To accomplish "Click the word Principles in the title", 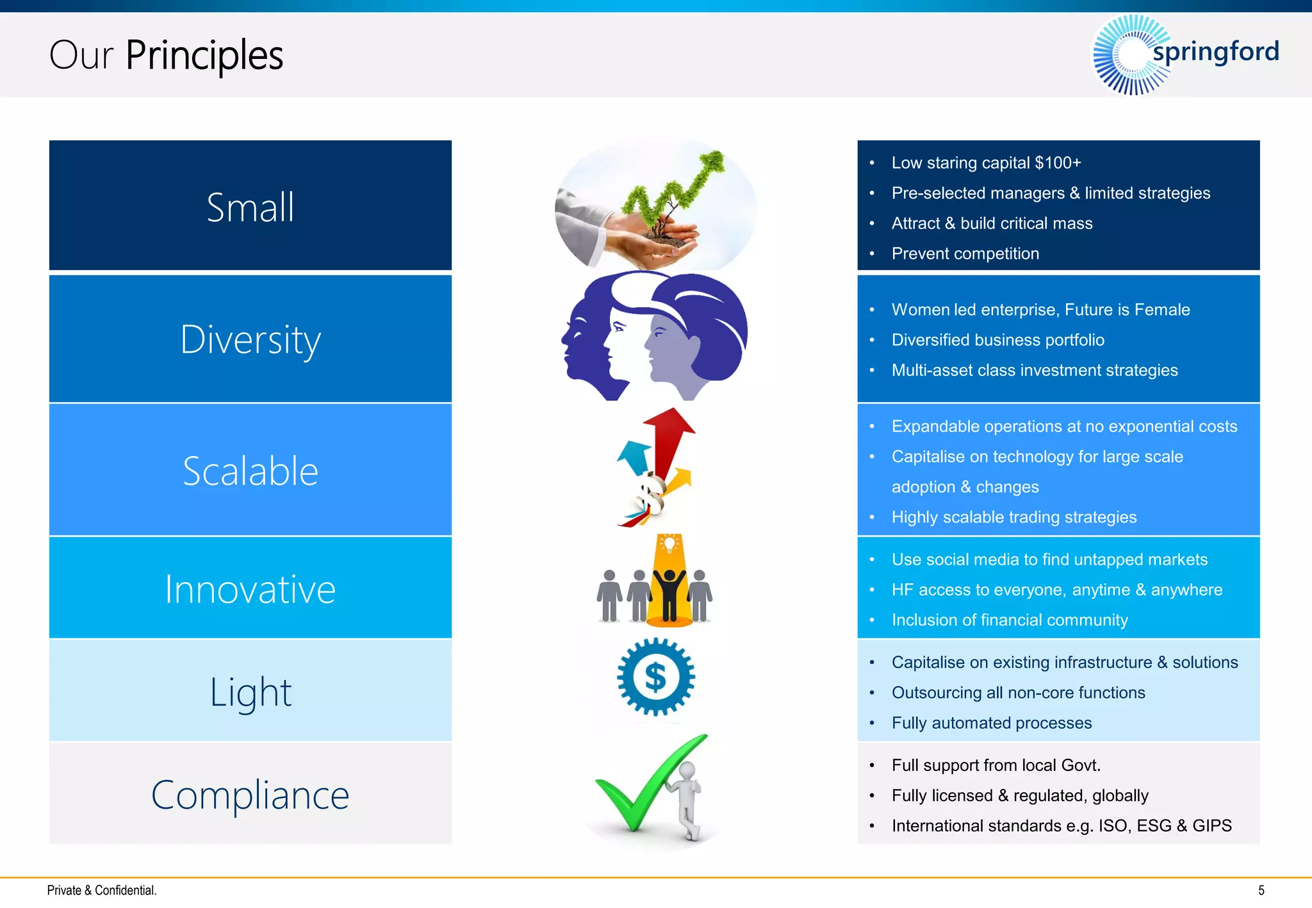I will click(204, 55).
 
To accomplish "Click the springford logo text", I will click(1215, 51).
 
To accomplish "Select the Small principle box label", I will click(250, 207).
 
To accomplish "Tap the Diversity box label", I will click(250, 339).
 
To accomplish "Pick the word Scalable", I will click(250, 471).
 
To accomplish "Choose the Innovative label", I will click(250, 589).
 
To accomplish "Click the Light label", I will click(250, 692).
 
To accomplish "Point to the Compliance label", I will click(250, 795).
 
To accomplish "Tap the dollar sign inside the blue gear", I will click(655, 677).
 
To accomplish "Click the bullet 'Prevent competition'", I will click(965, 254).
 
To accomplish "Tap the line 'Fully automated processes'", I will click(991, 723).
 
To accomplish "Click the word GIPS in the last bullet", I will click(1211, 826).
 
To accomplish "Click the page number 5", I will click(1261, 890).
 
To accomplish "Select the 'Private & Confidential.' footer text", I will click(102, 890).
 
